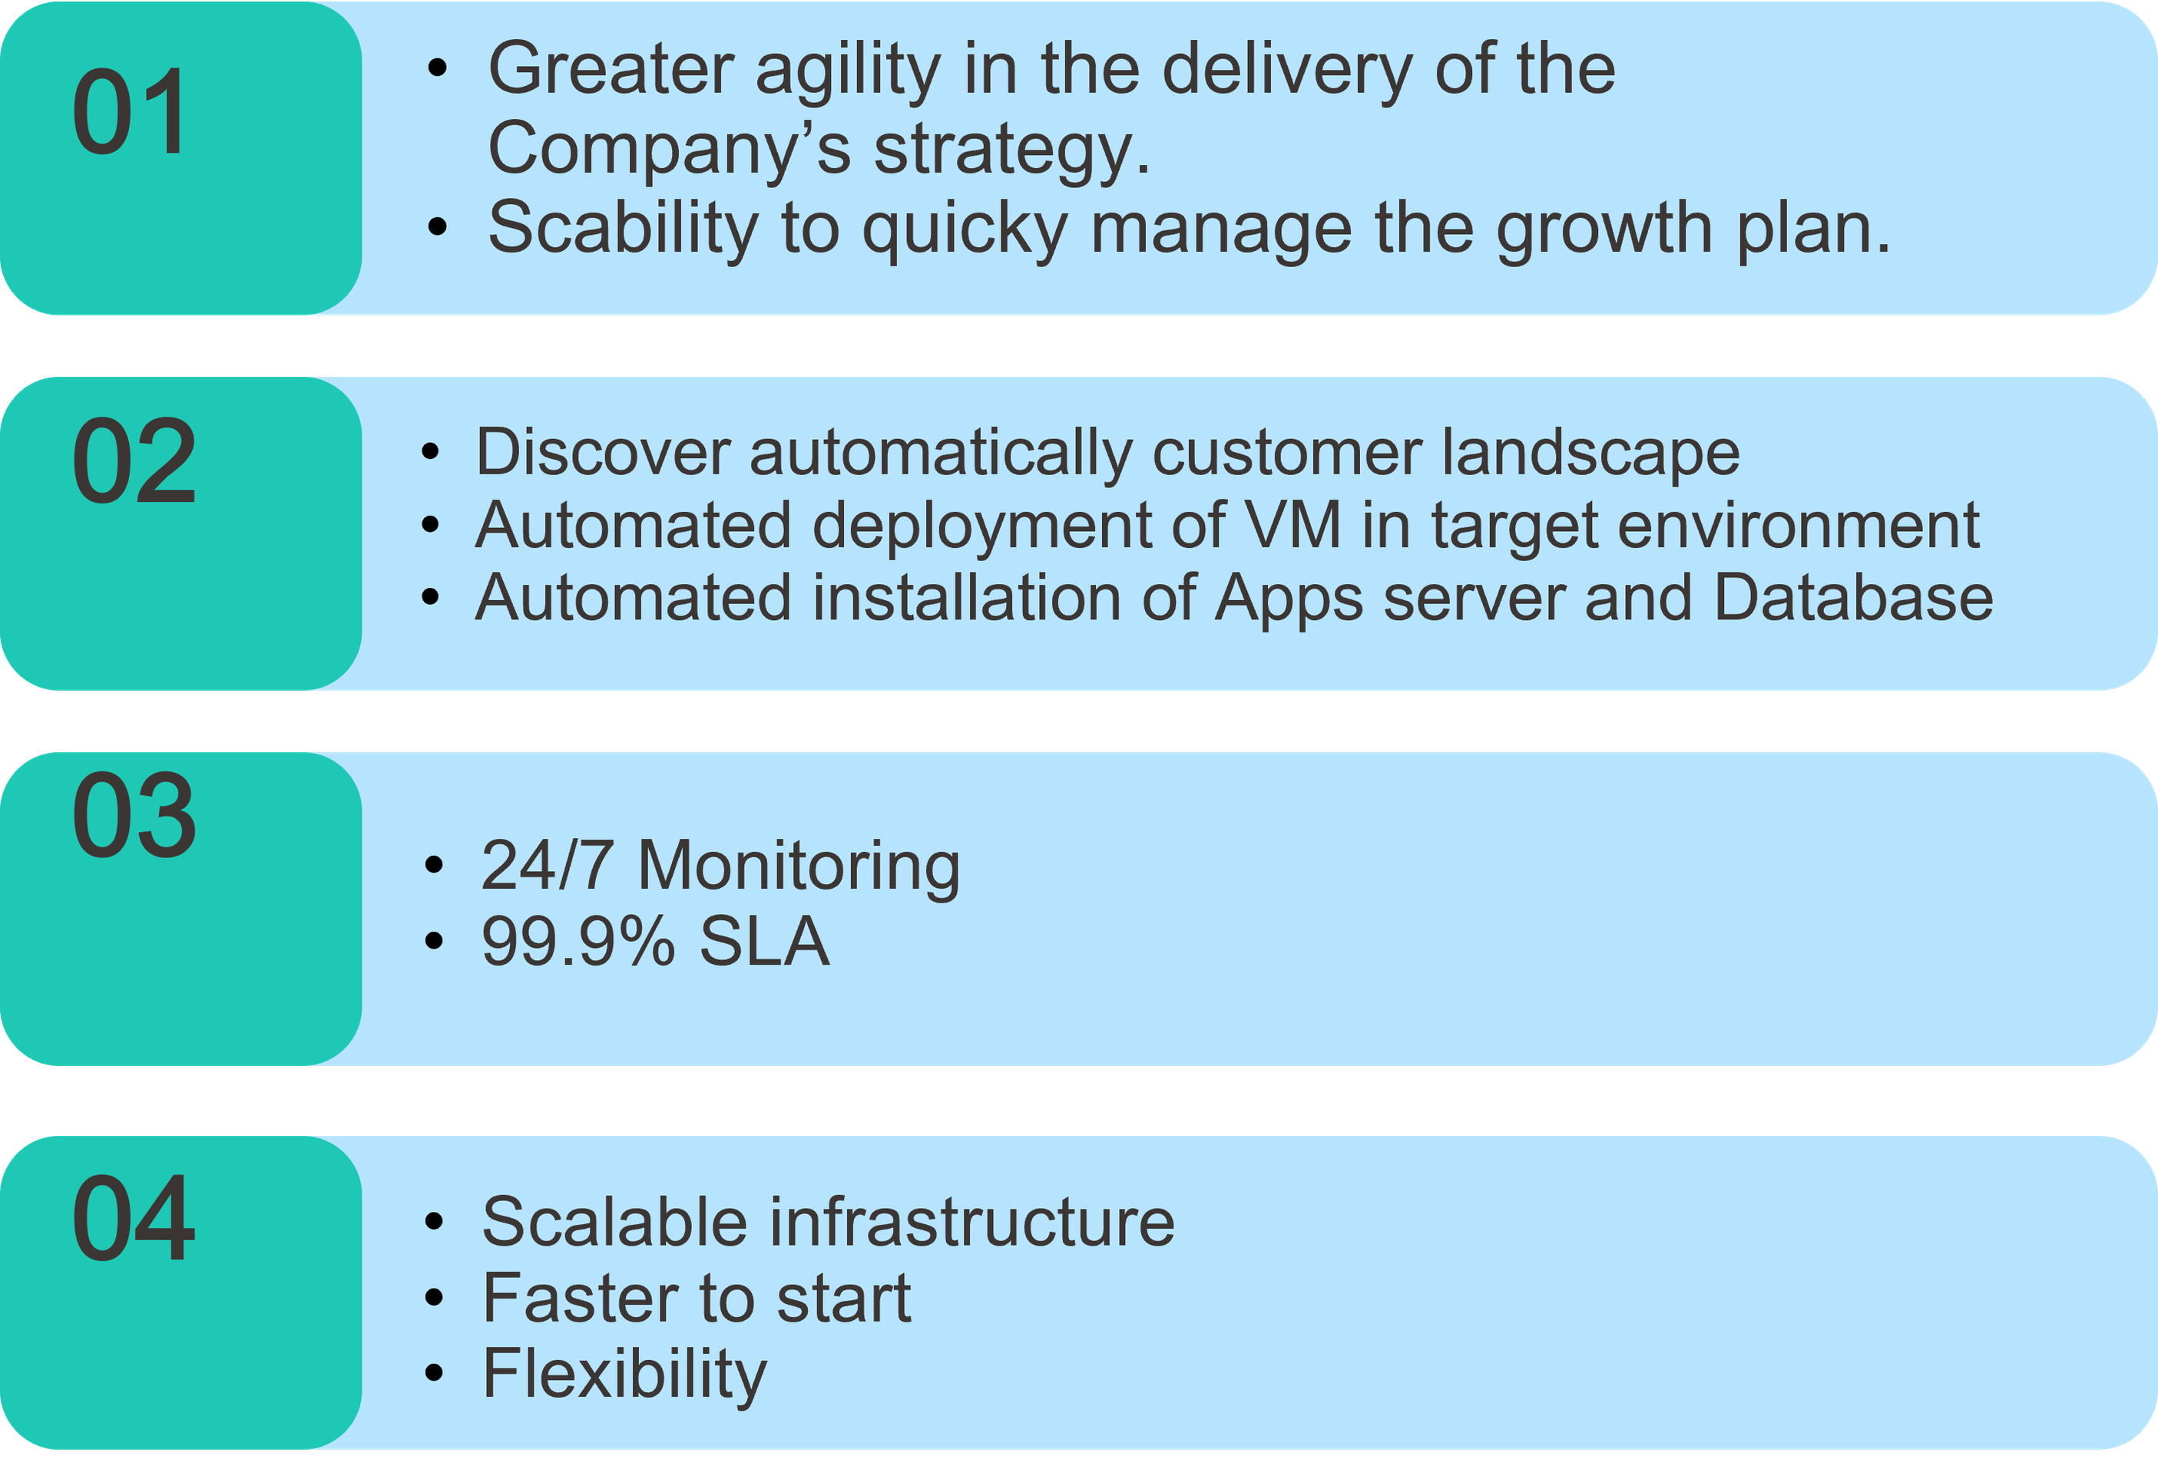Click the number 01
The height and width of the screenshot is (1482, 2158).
[129, 111]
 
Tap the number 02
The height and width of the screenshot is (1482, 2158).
[134, 460]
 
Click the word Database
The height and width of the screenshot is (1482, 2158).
[1853, 597]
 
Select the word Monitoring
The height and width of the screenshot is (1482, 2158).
[799, 866]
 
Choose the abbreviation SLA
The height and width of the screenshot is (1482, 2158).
[763, 942]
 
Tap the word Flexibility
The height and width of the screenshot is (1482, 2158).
[624, 1375]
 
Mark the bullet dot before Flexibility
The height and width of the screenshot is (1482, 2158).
[434, 1373]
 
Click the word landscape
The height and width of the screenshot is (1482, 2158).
[1590, 455]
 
